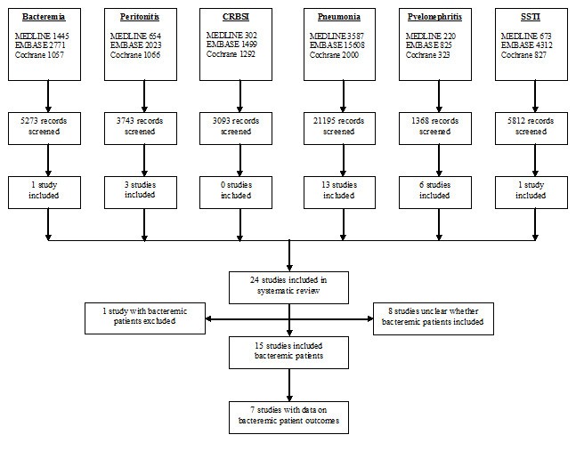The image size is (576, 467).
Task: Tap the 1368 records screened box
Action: [434, 125]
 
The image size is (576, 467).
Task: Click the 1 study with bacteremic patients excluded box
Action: [144, 317]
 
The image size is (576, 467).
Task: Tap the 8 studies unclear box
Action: [434, 317]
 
